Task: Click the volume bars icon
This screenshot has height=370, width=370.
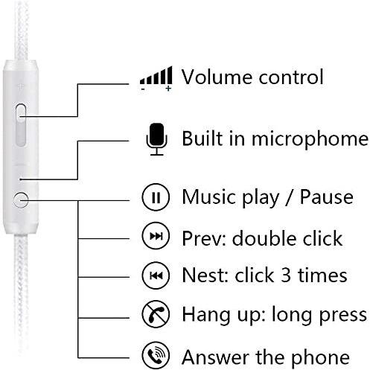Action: coord(156,76)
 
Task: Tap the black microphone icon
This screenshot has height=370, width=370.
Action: coord(157,139)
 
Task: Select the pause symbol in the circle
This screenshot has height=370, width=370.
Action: coord(156,197)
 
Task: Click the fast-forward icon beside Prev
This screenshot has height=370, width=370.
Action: coord(156,236)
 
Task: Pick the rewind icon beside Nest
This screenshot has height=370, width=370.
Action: coord(156,275)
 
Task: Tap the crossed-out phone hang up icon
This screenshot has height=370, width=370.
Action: coord(156,314)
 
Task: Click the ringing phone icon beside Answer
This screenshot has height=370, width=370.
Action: coord(156,355)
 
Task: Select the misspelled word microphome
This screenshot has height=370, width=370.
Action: coord(310,139)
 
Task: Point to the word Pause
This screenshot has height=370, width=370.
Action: coord(327,197)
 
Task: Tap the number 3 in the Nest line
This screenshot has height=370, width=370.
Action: coord(286,275)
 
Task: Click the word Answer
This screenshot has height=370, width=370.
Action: coord(216,357)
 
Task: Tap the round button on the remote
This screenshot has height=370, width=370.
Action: coord(21,200)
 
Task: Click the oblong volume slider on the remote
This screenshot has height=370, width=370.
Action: coord(21,124)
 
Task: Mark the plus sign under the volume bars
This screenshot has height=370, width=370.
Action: coord(168,89)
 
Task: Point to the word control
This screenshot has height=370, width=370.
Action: coord(291,77)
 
